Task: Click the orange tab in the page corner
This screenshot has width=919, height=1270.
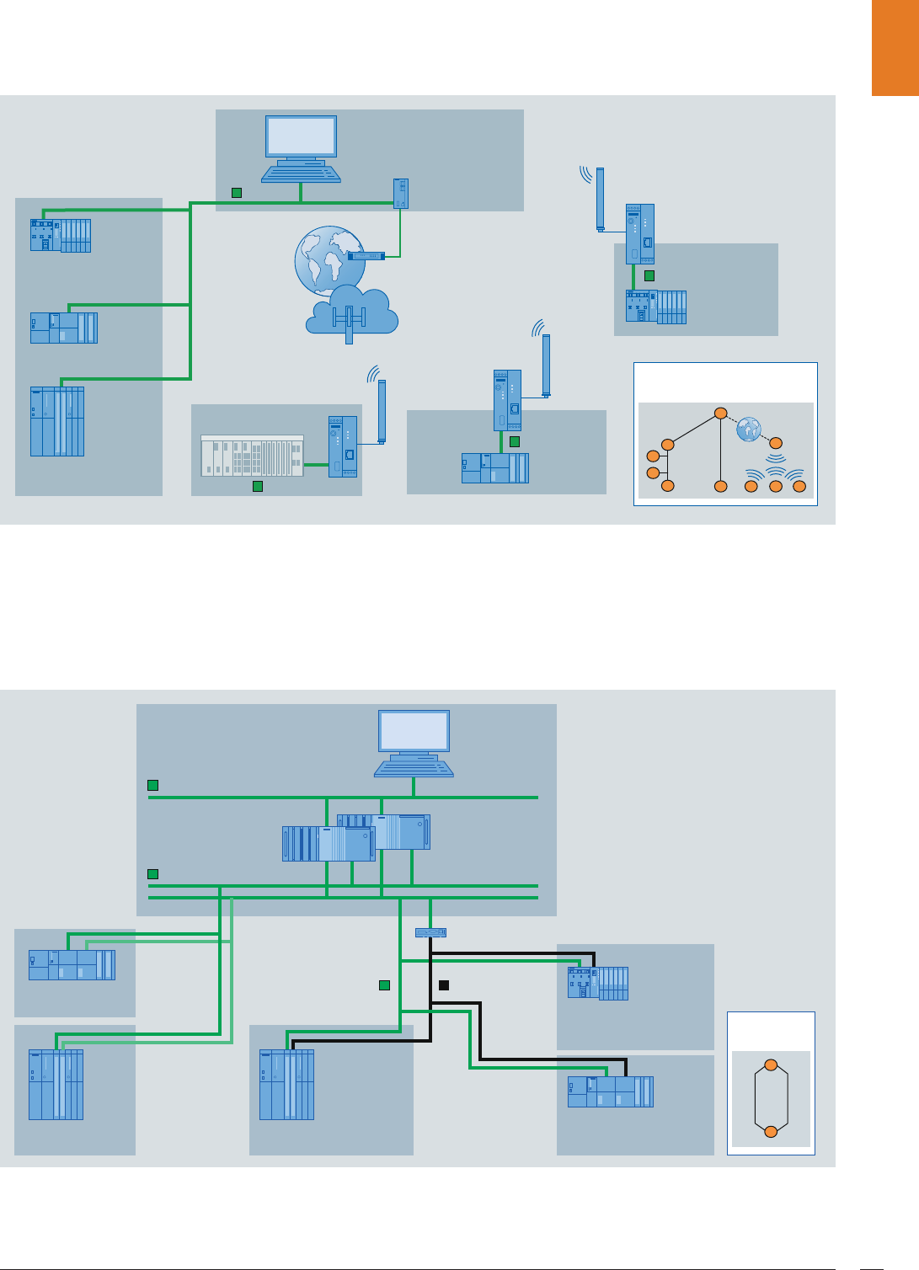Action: [895, 48]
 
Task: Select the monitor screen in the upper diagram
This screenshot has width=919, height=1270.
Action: [301, 136]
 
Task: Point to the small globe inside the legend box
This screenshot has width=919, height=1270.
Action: [748, 430]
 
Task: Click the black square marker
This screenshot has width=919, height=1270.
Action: [444, 985]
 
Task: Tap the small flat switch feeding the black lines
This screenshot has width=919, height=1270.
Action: [430, 932]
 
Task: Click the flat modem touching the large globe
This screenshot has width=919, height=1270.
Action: [366, 256]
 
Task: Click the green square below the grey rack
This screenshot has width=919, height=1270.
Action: [258, 486]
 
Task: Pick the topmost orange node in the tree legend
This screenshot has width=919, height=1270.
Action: [720, 413]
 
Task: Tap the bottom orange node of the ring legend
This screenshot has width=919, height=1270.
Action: [770, 1131]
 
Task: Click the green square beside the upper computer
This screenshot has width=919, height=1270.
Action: [237, 193]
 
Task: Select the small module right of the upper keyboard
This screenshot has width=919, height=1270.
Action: [402, 193]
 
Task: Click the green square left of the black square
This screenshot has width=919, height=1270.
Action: [384, 985]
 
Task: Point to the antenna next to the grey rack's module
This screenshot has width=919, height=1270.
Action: [382, 411]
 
